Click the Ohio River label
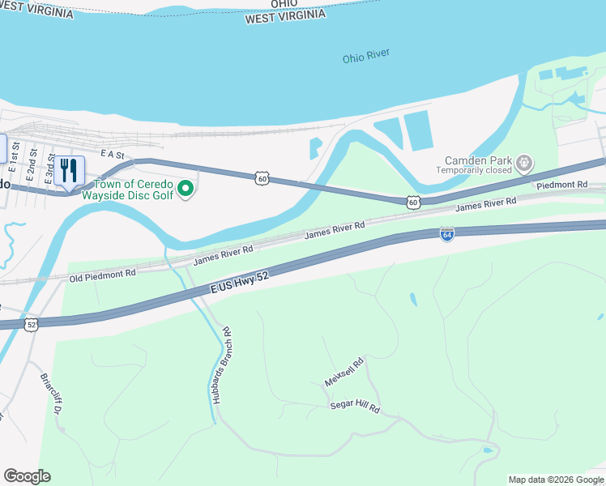[x=365, y=56]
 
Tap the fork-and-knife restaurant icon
[x=69, y=171]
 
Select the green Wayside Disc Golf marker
[x=186, y=189]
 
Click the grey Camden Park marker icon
[x=525, y=163]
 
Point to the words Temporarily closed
[x=474, y=171]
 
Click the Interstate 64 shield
[x=446, y=233]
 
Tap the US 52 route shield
[x=32, y=324]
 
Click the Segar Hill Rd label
[x=354, y=407]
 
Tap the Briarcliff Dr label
[x=50, y=394]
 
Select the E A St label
[x=111, y=154]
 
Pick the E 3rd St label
[x=50, y=170]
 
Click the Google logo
[x=27, y=475]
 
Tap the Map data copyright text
[x=555, y=480]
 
